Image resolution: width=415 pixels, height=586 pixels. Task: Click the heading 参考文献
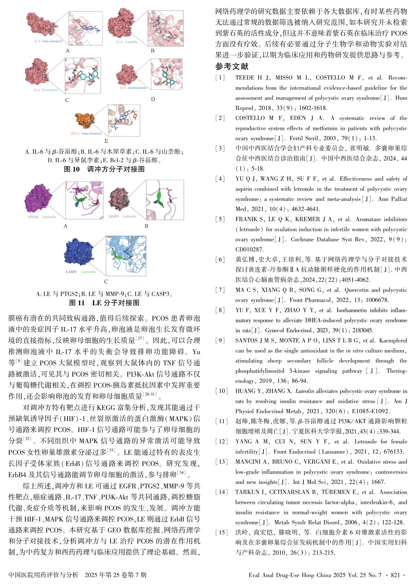click(232, 66)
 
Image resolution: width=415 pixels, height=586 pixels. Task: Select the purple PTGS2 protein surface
click(38, 198)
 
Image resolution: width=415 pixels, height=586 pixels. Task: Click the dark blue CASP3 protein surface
click(78, 253)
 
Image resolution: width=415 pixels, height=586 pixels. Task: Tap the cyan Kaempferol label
click(50, 90)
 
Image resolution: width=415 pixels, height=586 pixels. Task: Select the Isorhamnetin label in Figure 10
click(137, 88)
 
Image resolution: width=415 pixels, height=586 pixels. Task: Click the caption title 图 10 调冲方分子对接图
click(104, 169)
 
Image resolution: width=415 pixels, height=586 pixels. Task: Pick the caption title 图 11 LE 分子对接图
click(104, 303)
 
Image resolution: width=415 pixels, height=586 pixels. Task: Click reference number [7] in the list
click(220, 290)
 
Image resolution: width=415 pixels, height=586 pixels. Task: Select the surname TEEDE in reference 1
click(245, 78)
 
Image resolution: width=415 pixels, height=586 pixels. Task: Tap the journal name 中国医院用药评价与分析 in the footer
click(43, 575)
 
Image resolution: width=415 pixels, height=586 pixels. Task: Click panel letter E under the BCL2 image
click(106, 141)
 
